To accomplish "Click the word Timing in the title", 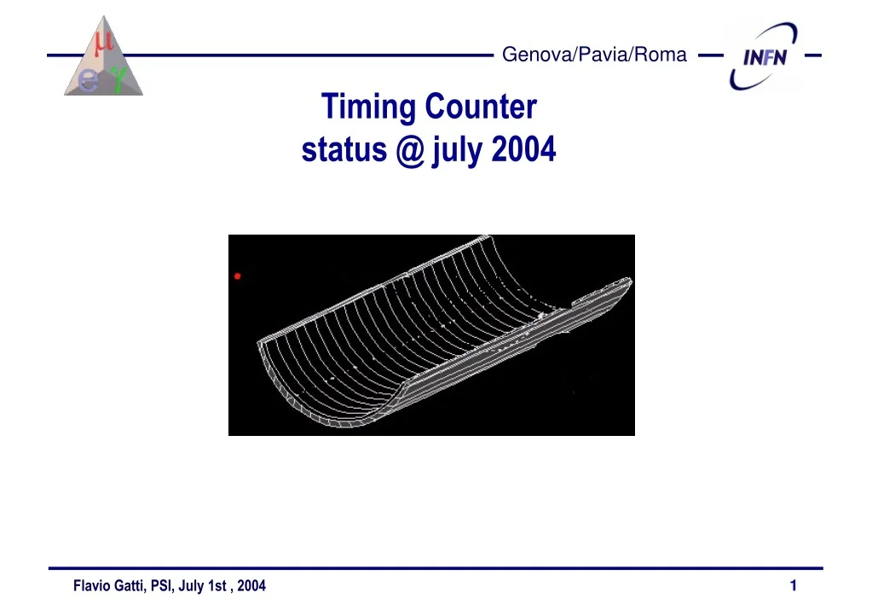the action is (x=368, y=107).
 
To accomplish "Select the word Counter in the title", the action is (x=481, y=107).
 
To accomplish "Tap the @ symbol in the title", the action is (x=410, y=150).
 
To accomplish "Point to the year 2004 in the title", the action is (x=524, y=149).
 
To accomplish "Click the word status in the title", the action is (x=344, y=150).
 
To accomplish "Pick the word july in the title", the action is (x=457, y=151).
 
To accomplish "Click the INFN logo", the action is (x=764, y=55).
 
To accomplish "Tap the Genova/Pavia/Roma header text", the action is (x=594, y=55).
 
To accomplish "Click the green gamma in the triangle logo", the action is (x=118, y=78).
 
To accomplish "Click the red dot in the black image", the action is (x=238, y=276).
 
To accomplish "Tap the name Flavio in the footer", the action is (x=92, y=585).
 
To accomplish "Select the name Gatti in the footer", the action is (x=130, y=586).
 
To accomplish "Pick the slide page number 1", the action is (x=794, y=585).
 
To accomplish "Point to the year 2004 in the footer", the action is (x=251, y=585).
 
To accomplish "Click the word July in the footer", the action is (x=191, y=586).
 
